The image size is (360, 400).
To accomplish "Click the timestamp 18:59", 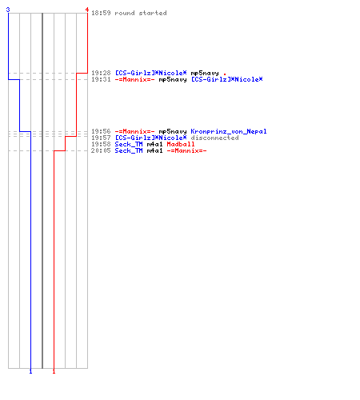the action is pyautogui.click(x=101, y=13).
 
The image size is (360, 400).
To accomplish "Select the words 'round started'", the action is pyautogui.click(x=141, y=13).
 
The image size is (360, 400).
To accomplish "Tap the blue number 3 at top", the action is pyautogui.click(x=8, y=10).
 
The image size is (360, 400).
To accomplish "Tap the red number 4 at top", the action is pyautogui.click(x=87, y=10).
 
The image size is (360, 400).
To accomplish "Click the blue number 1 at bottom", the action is pyautogui.click(x=30, y=371).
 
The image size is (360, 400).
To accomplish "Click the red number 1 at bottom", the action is pyautogui.click(x=54, y=371).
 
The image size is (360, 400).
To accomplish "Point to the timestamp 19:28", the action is pyautogui.click(x=101, y=73).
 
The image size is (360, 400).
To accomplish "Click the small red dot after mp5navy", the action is pyautogui.click(x=225, y=74).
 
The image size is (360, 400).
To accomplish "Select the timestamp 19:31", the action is pyautogui.click(x=101, y=79).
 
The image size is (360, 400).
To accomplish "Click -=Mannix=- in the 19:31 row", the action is pyautogui.click(x=134, y=79).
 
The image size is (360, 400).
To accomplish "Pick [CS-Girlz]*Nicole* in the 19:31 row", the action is pyautogui.click(x=227, y=79).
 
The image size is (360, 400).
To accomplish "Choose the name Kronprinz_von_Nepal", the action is pyautogui.click(x=229, y=131).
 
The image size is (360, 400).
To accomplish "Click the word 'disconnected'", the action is pyautogui.click(x=214, y=138).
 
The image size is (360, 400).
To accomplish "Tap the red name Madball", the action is pyautogui.click(x=181, y=144).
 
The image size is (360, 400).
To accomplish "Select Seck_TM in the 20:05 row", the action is pyautogui.click(x=129, y=150).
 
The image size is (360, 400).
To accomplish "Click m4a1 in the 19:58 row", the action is pyautogui.click(x=154, y=144).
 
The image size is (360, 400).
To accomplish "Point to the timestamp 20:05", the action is pyautogui.click(x=101, y=150).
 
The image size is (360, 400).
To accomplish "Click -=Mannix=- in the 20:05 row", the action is pyautogui.click(x=186, y=150).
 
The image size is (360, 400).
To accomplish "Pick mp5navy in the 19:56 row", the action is pyautogui.click(x=173, y=131).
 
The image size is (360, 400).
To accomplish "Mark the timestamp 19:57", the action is pyautogui.click(x=101, y=138).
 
